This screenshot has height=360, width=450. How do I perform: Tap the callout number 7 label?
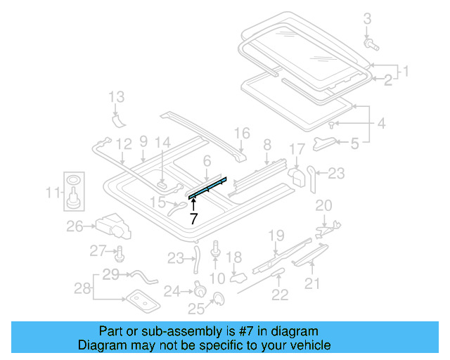click(193, 219)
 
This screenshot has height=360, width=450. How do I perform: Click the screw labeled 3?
click(371, 44)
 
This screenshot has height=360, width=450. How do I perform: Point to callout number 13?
click(116, 96)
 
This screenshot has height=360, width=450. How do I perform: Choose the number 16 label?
click(241, 132)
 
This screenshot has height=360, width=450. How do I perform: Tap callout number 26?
click(75, 226)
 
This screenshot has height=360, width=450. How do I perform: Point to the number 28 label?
click(82, 288)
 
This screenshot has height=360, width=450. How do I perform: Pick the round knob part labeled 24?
click(199, 288)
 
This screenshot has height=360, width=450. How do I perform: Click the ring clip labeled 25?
click(219, 299)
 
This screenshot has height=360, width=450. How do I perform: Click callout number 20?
click(323, 205)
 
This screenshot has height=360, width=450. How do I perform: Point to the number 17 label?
click(297, 149)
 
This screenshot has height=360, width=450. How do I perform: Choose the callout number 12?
click(124, 145)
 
